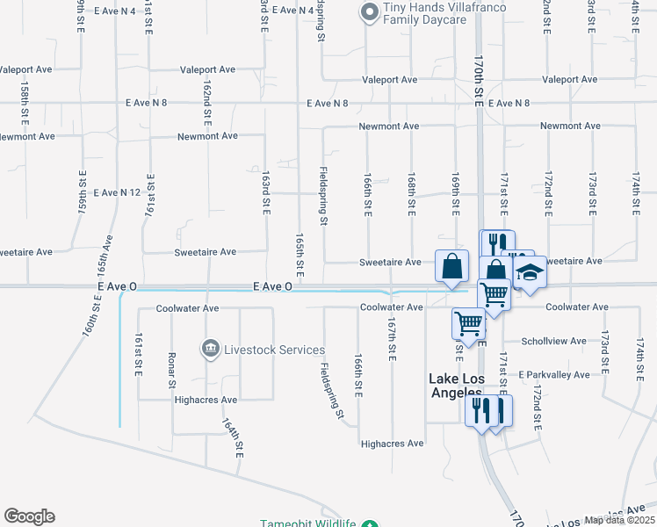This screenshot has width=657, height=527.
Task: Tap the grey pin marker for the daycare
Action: point(368,11)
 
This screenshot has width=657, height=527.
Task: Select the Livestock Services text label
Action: point(274,350)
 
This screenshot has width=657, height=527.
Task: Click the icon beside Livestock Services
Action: point(211,350)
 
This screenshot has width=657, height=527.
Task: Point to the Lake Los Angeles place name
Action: point(455,386)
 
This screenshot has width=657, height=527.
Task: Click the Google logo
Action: point(29,516)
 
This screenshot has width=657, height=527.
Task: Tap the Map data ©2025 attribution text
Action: point(620,520)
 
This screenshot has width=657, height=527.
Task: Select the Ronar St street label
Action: point(172,370)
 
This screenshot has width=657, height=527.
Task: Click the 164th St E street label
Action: point(238,437)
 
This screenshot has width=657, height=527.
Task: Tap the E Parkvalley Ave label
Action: point(553,374)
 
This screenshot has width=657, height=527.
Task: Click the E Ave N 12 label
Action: point(117,192)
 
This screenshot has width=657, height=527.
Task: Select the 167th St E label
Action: point(391,338)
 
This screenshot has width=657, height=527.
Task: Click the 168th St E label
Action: point(410,196)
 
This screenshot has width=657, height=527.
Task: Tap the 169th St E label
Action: point(456,196)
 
